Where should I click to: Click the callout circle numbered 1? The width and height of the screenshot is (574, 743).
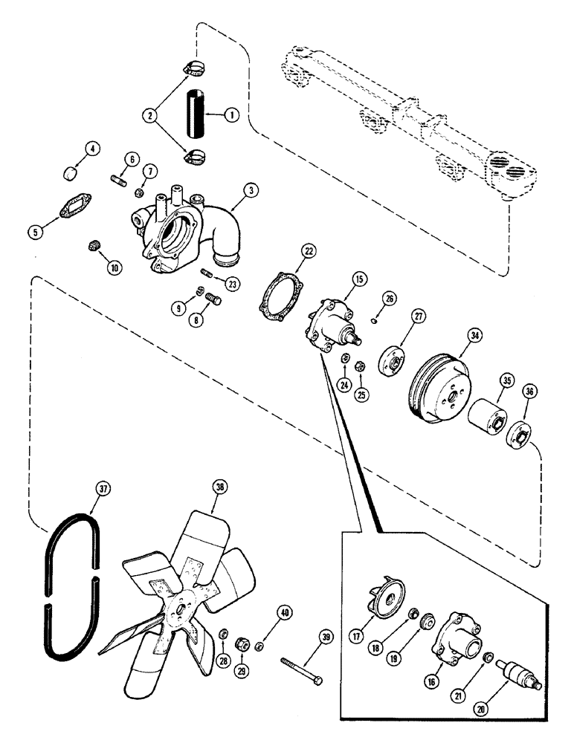231,115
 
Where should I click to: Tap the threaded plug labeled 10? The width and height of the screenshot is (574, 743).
94,246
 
